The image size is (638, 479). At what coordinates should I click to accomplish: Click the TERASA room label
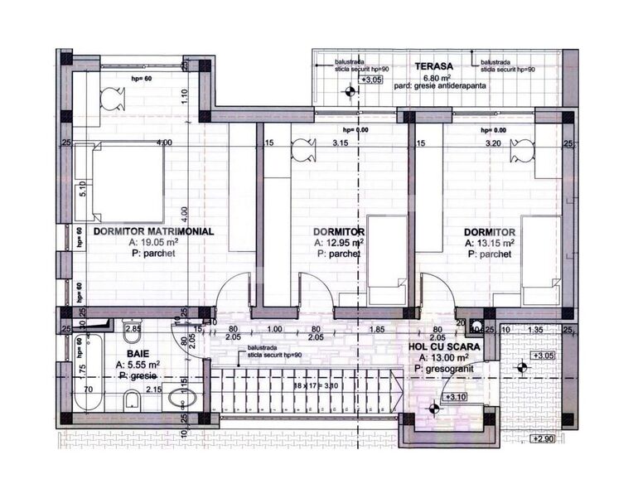click(x=434, y=66)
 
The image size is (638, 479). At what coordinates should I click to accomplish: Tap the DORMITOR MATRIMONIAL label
click(x=153, y=232)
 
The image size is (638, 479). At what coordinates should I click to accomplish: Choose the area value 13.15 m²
click(x=490, y=244)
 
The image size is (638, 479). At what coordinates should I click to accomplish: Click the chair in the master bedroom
click(x=113, y=99)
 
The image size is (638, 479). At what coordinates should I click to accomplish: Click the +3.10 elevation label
click(x=456, y=397)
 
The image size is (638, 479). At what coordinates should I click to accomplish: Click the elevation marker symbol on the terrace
click(x=350, y=91)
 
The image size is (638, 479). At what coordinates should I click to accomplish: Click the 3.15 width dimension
click(x=340, y=143)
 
